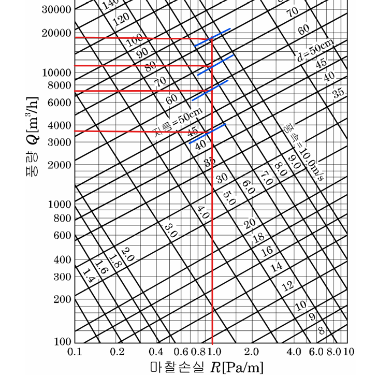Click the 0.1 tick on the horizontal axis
[x=75, y=352]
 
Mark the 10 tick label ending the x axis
[x=349, y=352]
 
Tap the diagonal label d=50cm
[x=315, y=50]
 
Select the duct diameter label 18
[x=258, y=237]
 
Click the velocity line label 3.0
[x=170, y=229]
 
